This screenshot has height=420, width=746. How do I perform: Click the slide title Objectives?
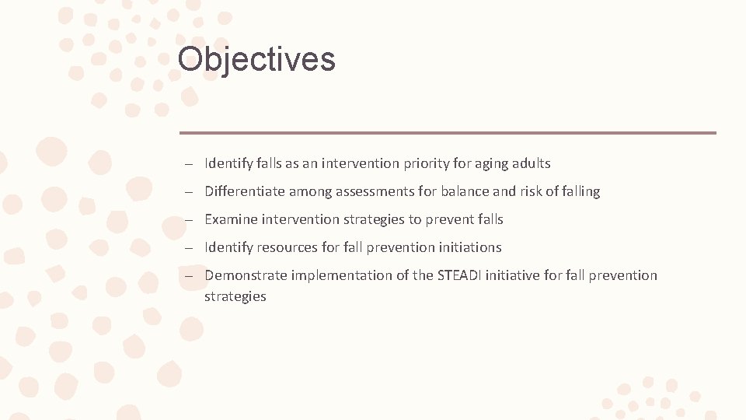256,59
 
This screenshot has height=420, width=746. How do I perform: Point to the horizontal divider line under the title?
448,133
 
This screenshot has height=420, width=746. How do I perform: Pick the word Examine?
231,219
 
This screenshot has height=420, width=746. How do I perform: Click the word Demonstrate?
246,275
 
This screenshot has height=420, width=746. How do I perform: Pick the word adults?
532,163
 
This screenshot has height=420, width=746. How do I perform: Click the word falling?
579,191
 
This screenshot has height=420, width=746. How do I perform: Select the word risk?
530,191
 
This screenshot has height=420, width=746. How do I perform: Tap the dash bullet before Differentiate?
190,192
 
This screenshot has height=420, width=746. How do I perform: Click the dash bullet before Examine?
190,220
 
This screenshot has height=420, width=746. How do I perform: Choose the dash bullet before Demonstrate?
190,276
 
